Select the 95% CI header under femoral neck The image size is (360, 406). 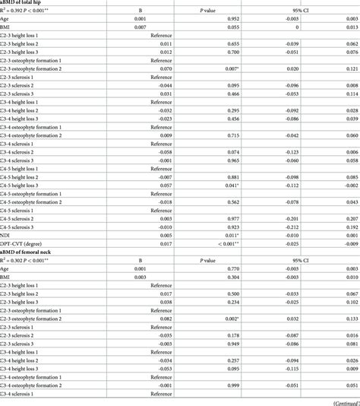point(316,271)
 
